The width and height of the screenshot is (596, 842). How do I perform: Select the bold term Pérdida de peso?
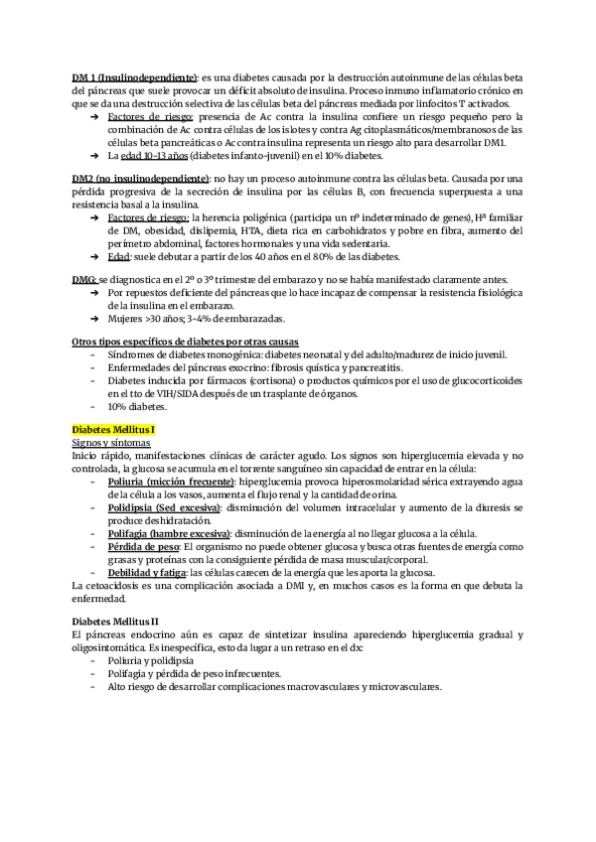click(x=143, y=546)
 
